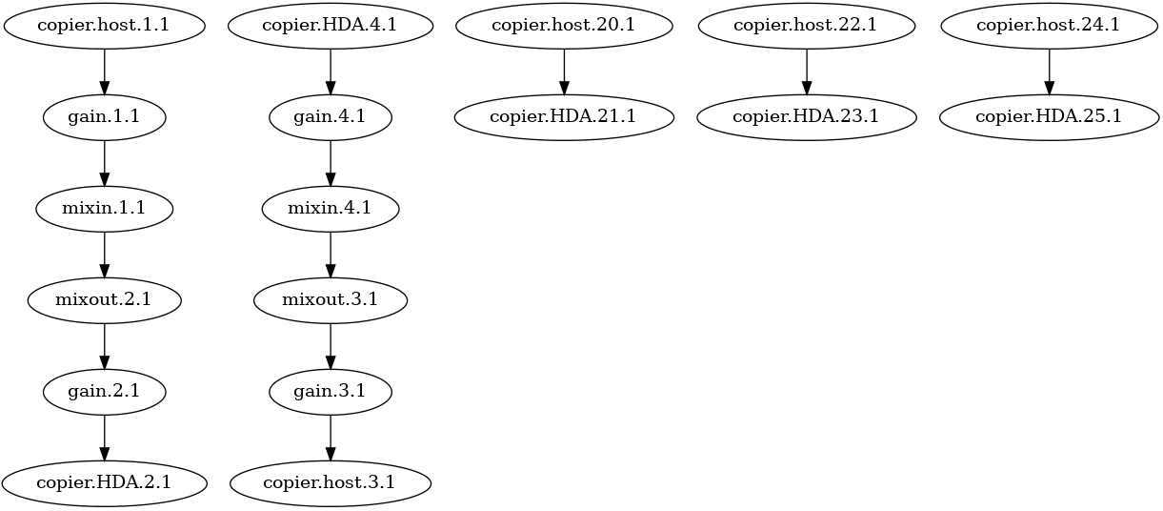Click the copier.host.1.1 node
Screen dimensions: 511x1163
pyautogui.click(x=104, y=26)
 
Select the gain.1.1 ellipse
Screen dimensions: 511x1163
pyautogui.click(x=104, y=117)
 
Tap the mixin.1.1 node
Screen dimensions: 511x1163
pyautogui.click(x=104, y=209)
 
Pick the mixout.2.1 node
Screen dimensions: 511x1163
pyautogui.click(x=104, y=300)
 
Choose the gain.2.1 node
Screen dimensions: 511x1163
pyautogui.click(x=104, y=392)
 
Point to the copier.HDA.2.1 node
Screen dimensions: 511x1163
pyautogui.click(x=104, y=483)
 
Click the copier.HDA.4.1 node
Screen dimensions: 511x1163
pyautogui.click(x=331, y=26)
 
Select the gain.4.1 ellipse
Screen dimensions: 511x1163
pyautogui.click(x=331, y=117)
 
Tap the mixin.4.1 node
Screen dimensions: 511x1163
pyautogui.click(x=331, y=209)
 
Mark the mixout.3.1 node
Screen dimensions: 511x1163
pyautogui.click(x=331, y=300)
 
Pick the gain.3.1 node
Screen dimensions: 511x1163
pyautogui.click(x=331, y=392)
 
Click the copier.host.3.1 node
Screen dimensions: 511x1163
pyautogui.click(x=331, y=483)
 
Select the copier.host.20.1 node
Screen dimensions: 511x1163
pyautogui.click(x=564, y=26)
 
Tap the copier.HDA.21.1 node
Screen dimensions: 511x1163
pyautogui.click(x=564, y=117)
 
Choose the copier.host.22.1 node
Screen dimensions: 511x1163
pyautogui.click(x=807, y=26)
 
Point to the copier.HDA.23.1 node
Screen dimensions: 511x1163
pyautogui.click(x=807, y=117)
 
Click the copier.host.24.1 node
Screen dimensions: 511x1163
pyautogui.click(x=1050, y=26)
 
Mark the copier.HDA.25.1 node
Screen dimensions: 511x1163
pyautogui.click(x=1050, y=117)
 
